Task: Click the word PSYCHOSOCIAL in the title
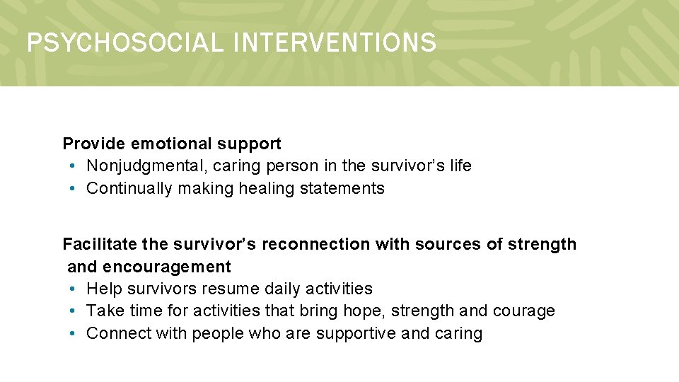pyautogui.click(x=124, y=43)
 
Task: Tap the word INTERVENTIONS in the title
pyautogui.click(x=334, y=43)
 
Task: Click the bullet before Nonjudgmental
pyautogui.click(x=74, y=166)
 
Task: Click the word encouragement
pyautogui.click(x=167, y=267)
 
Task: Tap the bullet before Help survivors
pyautogui.click(x=74, y=289)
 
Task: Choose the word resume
pyautogui.click(x=230, y=289)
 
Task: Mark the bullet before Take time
pyautogui.click(x=74, y=311)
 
